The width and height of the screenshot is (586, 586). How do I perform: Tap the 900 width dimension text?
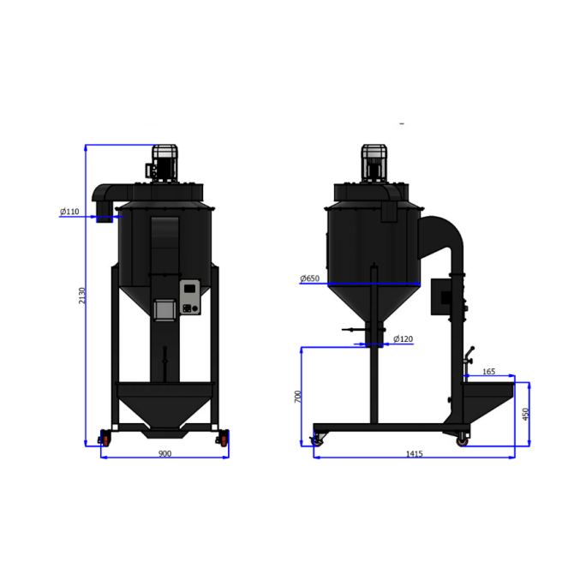click(164, 453)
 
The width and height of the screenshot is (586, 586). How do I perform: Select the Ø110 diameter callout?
click(69, 211)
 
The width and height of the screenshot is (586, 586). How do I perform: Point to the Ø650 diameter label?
click(309, 278)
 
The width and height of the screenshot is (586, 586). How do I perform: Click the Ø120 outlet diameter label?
click(403, 339)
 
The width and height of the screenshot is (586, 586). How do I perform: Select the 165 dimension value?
click(488, 372)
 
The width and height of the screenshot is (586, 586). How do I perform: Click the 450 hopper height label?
click(526, 414)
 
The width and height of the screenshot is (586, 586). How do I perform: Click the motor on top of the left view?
click(165, 162)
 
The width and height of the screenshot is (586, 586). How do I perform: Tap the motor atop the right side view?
click(374, 162)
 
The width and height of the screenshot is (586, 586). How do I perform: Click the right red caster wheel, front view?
click(224, 439)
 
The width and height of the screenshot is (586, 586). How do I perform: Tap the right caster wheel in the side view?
click(463, 439)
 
